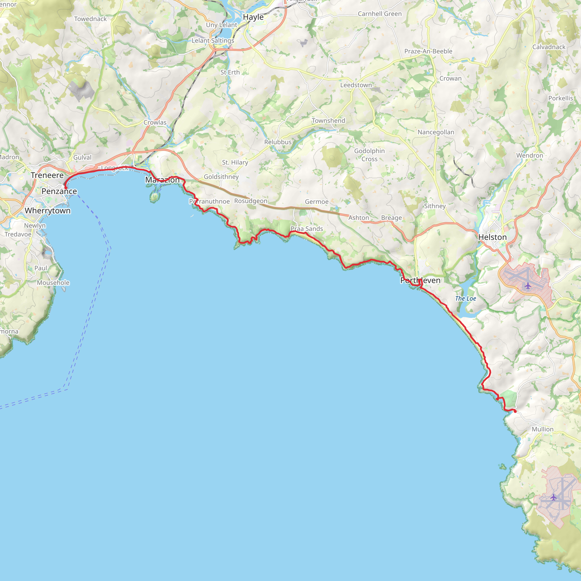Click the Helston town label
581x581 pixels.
coord(492,237)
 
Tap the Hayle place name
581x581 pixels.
coord(253,17)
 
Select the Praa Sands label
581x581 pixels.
coord(306,229)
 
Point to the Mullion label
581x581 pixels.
coord(542,429)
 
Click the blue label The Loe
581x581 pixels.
coord(466,299)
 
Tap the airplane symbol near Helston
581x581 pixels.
coord(528,285)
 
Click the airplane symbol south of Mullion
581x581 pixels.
coord(553,497)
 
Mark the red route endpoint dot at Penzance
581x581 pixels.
coord(66,188)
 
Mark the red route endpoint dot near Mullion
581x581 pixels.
coord(515,411)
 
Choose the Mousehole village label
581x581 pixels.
coord(53,283)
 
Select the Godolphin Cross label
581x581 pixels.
coord(369,155)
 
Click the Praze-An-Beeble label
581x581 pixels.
coord(428,51)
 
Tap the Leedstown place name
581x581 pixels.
coord(356,85)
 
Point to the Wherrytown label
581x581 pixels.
coord(47,211)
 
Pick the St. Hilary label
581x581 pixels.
coord(235,162)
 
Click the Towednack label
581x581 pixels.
coord(90,19)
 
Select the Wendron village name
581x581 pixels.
coord(530,155)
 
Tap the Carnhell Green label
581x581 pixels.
coord(380,14)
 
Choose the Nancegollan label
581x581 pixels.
coord(436,132)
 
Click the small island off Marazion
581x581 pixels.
coord(155,197)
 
